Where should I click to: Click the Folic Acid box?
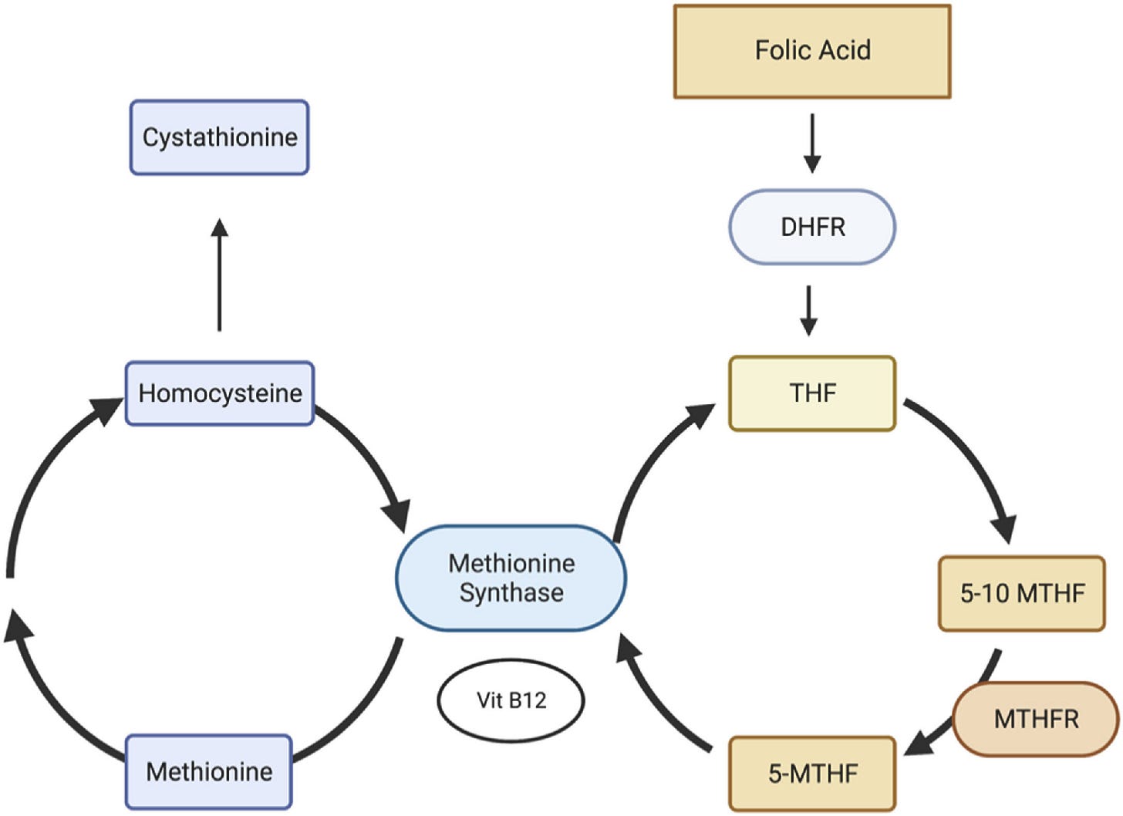812,51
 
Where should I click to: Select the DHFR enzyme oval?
812,227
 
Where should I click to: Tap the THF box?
812,393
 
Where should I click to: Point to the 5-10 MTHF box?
1022,593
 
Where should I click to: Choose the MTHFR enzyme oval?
1036,720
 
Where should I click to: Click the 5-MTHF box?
812,774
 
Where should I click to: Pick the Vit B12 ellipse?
511,701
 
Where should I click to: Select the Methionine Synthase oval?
511,578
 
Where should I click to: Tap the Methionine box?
208,772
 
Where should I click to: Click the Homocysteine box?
220,393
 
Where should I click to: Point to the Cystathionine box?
220,137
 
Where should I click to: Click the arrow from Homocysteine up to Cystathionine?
220,275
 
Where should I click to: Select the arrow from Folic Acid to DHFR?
812,143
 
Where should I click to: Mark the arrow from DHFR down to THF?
808,311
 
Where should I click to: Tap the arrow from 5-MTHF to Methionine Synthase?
652,702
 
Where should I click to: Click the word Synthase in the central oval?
511,593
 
